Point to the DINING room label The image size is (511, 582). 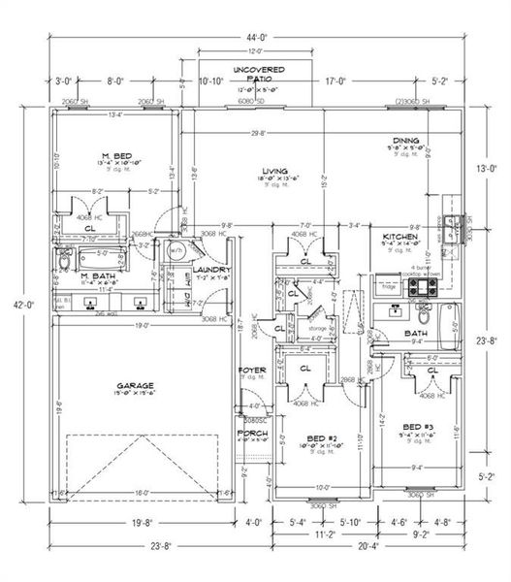point(406,140)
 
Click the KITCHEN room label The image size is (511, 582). point(399,237)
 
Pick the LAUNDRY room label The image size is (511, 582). point(211,270)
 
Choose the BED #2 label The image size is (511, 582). point(320,437)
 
